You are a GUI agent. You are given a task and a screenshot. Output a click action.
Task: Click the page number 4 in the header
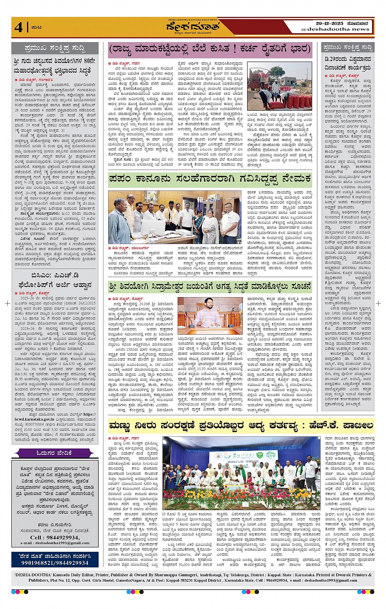tap(18, 27)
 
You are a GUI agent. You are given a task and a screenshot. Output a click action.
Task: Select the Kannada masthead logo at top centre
tap(192, 27)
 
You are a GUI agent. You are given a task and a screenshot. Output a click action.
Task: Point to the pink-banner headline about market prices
tap(210, 50)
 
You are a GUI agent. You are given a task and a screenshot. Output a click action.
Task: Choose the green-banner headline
tap(210, 179)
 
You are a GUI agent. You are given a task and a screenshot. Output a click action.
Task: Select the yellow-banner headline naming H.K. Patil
tap(241, 425)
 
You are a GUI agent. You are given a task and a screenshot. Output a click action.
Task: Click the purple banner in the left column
tap(55, 453)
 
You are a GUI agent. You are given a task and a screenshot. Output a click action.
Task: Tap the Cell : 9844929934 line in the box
tap(55, 537)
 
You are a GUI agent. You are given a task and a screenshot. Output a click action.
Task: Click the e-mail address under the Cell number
tap(55, 543)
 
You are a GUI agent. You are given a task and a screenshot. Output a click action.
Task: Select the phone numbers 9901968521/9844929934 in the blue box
tap(55, 563)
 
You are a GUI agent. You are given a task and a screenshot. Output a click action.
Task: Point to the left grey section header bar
tap(55, 48)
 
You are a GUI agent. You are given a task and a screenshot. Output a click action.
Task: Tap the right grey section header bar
tap(347, 47)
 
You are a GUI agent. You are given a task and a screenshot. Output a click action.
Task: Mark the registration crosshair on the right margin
tap(378, 303)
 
